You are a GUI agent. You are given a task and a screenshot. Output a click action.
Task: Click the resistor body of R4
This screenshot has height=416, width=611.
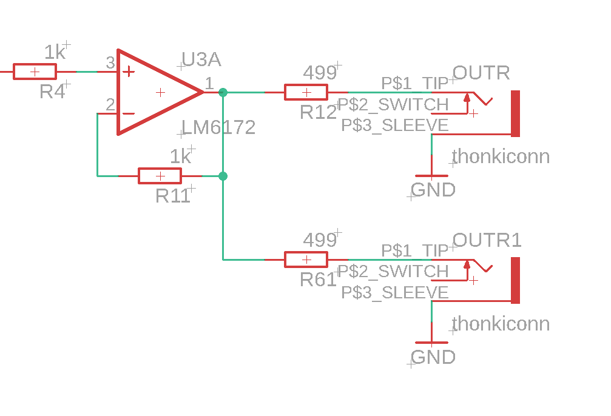click(x=35, y=72)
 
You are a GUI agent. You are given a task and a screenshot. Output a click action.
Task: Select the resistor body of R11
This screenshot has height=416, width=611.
click(x=160, y=176)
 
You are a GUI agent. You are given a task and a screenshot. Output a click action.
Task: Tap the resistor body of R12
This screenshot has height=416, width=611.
click(x=306, y=92)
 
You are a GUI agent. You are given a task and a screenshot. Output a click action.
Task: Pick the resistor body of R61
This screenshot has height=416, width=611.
click(x=306, y=260)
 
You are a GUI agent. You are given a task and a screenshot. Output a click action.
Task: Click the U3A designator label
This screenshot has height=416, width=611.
click(x=201, y=59)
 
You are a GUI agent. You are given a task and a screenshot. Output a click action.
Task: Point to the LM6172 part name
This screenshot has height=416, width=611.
click(x=218, y=127)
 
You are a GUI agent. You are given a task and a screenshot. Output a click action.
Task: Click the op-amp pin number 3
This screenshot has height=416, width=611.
click(x=110, y=62)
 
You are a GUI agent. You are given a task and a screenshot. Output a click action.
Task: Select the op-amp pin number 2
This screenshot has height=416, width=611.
click(x=110, y=104)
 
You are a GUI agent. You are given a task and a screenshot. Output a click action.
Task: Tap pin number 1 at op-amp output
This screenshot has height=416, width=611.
click(x=209, y=83)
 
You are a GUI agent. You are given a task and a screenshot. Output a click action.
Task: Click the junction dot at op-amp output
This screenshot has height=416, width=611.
click(x=223, y=92)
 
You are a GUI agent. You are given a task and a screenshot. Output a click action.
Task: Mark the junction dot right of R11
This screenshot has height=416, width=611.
click(x=223, y=176)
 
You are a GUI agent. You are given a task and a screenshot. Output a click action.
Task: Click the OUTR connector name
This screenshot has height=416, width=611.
click(x=481, y=73)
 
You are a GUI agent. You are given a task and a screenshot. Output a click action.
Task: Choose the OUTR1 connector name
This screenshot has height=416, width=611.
click(x=487, y=240)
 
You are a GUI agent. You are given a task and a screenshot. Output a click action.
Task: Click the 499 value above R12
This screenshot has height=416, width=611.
click(x=320, y=73)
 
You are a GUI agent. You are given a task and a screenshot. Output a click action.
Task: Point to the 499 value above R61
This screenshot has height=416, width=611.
click(x=320, y=240)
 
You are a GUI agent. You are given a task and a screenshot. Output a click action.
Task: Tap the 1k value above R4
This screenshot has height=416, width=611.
click(x=55, y=52)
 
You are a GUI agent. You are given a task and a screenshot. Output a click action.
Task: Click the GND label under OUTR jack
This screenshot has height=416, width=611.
click(x=433, y=190)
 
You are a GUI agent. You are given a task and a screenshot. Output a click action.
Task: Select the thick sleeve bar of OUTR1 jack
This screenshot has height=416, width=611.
click(x=515, y=280)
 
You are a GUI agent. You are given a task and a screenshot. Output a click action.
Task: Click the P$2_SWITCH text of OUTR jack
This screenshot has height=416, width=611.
click(x=393, y=105)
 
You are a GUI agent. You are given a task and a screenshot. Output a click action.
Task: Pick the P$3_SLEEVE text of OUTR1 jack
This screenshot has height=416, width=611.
click(x=395, y=293)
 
